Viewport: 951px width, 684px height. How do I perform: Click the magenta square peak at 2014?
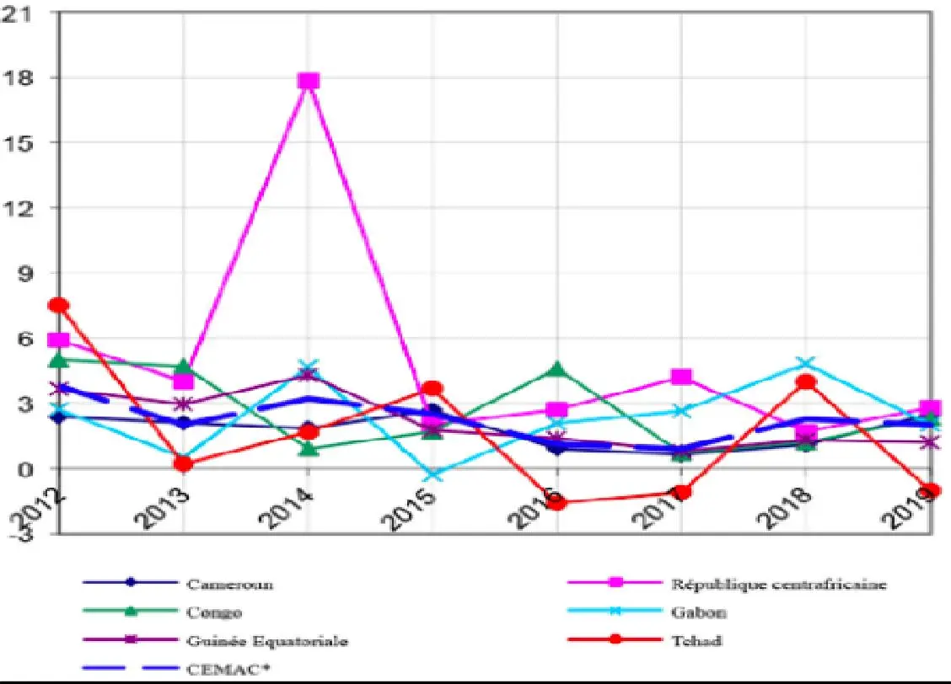point(309,81)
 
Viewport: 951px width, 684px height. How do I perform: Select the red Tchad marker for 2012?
point(59,305)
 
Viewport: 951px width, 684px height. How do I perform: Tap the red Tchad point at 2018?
point(806,382)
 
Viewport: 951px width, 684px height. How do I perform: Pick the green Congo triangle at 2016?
point(556,369)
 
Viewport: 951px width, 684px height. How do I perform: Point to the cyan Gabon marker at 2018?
point(806,364)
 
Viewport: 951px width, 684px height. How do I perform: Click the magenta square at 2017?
point(681,377)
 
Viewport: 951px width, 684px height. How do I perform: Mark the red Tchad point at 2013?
point(184,462)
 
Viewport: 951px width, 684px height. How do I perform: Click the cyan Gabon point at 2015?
point(433,475)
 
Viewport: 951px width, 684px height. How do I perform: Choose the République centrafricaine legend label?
point(778,584)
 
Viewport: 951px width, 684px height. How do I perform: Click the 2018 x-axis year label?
point(790,505)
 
